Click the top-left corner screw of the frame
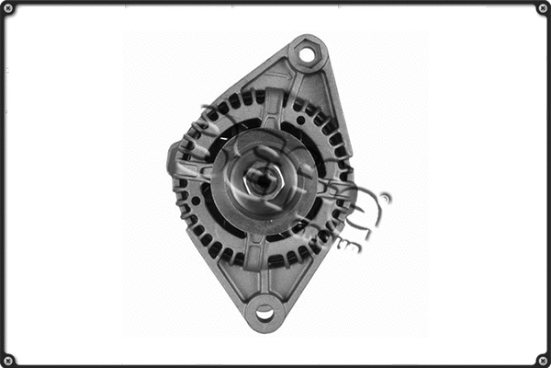[x=8, y=8]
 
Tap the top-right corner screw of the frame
[x=543, y=8]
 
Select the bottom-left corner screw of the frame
[x=8, y=360]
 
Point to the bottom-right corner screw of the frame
[x=543, y=360]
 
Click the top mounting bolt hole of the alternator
[x=307, y=55]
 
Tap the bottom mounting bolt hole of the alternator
[x=264, y=313]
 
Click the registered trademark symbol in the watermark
[x=385, y=197]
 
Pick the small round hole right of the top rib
[x=298, y=120]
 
